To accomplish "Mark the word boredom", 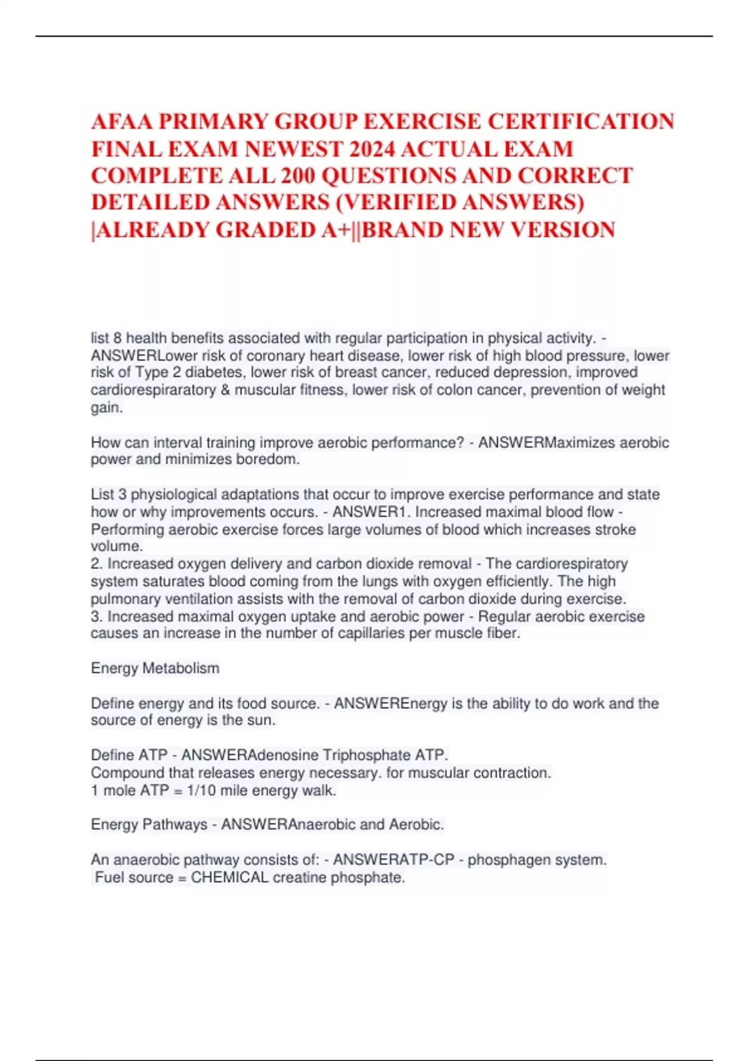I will [x=267, y=459].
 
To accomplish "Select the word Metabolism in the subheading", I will [x=181, y=668].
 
